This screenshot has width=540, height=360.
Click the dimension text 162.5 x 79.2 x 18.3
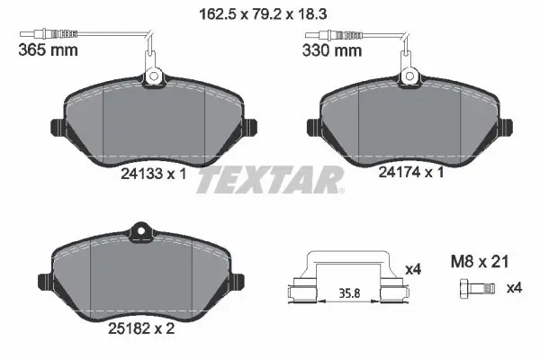[x=269, y=13]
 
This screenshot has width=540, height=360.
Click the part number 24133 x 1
[x=155, y=176]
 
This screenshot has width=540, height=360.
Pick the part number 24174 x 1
[x=409, y=176]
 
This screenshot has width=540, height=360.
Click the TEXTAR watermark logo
[x=269, y=180]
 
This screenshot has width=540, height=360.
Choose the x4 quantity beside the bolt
[x=514, y=289]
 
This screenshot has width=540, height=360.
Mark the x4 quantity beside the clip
[x=413, y=268]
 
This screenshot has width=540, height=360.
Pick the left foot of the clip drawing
[x=300, y=292]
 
